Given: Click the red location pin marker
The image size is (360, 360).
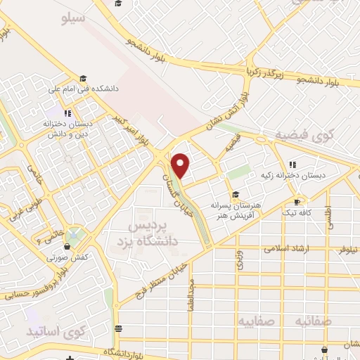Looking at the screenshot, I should pyautogui.click(x=181, y=165).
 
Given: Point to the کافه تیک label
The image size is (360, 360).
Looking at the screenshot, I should pyautogui.click(x=299, y=212).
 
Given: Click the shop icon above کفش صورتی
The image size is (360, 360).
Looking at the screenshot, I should pyautogui.click(x=67, y=246).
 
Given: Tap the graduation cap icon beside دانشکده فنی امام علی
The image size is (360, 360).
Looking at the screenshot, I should pyautogui.click(x=83, y=78).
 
